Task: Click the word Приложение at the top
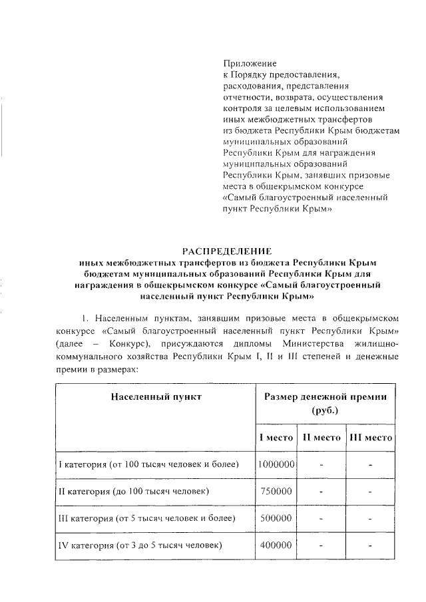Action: click(x=248, y=64)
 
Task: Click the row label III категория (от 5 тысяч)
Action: click(x=144, y=518)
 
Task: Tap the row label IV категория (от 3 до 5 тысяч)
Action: click(x=140, y=545)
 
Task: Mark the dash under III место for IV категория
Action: click(x=370, y=546)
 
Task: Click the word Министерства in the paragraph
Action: click(x=298, y=345)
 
